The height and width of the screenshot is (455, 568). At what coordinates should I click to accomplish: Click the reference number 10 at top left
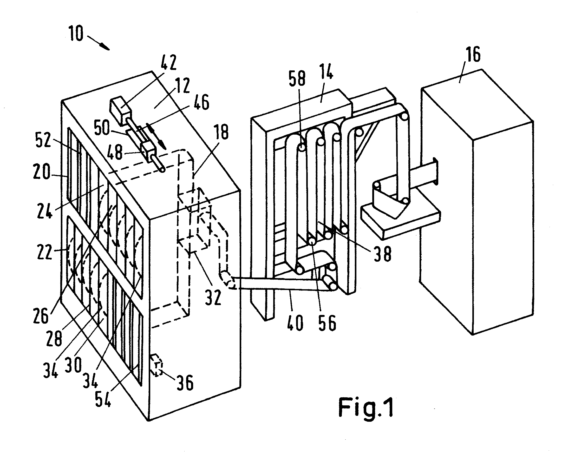76,34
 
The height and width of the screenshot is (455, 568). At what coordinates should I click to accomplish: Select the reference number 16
473,55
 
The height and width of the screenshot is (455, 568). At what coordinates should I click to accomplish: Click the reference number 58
297,78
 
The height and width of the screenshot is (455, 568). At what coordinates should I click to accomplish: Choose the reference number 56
328,323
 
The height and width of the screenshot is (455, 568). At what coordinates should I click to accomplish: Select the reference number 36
185,382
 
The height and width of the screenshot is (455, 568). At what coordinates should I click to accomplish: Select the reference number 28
54,338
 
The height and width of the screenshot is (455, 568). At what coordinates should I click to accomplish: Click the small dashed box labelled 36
156,365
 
